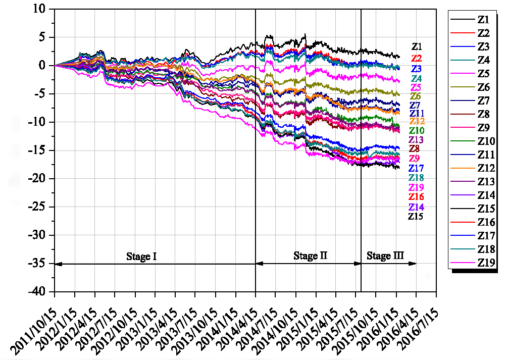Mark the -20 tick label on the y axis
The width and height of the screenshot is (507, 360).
click(x=39, y=179)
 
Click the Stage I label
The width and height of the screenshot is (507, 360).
click(x=141, y=256)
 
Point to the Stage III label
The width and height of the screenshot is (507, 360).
click(x=385, y=256)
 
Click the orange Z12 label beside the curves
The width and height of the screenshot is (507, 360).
click(x=417, y=121)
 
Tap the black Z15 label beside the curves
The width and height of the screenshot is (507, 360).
click(x=415, y=216)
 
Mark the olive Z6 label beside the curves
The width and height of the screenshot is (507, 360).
click(x=416, y=96)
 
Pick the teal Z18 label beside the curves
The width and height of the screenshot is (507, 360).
click(x=416, y=178)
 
